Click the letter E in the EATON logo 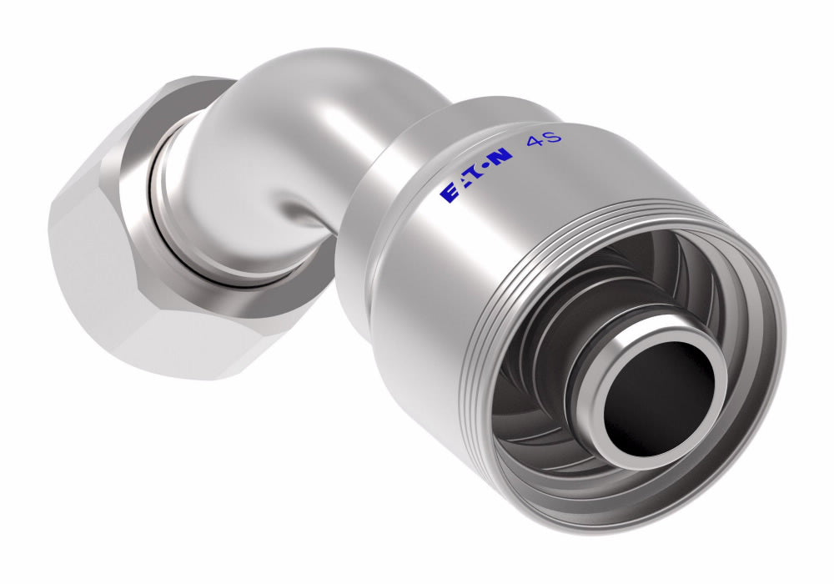click(449, 194)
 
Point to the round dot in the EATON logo click(482, 169)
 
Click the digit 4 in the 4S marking click(533, 141)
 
